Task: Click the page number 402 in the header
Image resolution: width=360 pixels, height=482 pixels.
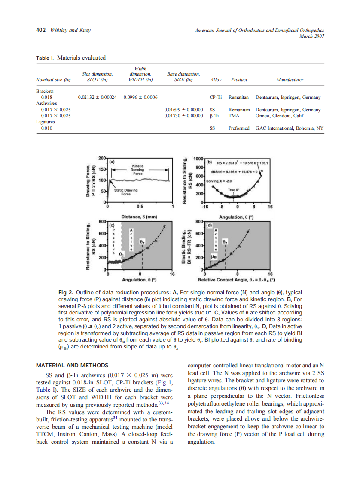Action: (40, 30)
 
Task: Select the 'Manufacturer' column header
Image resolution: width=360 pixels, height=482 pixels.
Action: (290, 79)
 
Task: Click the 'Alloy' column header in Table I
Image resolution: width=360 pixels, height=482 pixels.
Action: (216, 79)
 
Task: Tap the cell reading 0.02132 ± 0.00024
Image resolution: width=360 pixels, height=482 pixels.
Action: (98, 98)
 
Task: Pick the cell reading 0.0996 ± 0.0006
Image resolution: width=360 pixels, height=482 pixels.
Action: (140, 98)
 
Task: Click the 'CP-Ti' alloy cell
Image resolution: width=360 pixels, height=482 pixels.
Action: (216, 98)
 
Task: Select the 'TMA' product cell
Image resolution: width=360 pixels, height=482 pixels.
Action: (234, 116)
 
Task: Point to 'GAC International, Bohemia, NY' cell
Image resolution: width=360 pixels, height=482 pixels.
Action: (290, 128)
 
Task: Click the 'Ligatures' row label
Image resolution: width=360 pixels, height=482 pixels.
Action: (46, 122)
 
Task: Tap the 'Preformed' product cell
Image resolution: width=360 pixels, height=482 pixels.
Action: (239, 128)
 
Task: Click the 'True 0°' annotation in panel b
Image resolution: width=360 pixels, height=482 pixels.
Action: (233, 189)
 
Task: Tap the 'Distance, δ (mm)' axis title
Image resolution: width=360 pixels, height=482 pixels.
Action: (139, 217)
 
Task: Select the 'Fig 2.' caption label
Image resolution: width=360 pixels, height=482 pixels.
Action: (64, 292)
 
